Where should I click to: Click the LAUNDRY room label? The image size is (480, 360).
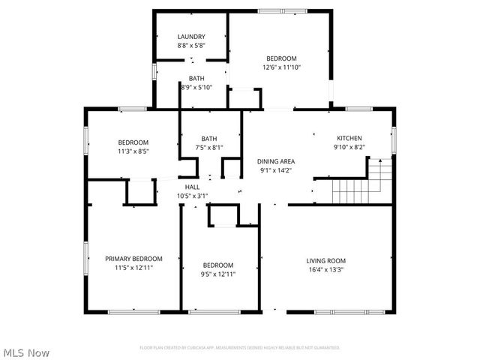point(191,37)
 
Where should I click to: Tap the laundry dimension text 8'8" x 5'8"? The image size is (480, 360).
point(191,46)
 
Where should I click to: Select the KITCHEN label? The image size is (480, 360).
point(349,138)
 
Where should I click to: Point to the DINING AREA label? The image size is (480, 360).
point(276,161)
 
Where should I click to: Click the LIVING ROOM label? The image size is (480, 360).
point(325,261)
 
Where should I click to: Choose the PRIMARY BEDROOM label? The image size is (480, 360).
point(133,259)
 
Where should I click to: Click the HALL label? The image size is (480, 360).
point(192,187)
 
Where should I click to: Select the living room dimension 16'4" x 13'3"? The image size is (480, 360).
point(325,271)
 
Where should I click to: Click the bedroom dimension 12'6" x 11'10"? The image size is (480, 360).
point(281,67)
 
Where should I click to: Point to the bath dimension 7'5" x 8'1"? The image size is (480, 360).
point(208,148)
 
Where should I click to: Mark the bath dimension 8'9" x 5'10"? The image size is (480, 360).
point(196,88)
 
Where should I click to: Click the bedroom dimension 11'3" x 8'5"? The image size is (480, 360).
point(133,151)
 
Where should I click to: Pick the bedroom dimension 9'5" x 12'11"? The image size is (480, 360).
point(218,274)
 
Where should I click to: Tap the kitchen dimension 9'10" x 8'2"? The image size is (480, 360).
point(349,148)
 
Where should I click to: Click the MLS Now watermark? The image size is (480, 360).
point(27,352)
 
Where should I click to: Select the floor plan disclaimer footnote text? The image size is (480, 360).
point(240,348)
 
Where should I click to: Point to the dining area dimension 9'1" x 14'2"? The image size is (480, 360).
point(276,170)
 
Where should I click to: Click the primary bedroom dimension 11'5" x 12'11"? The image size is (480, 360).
point(133,268)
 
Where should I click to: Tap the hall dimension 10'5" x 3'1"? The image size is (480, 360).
point(192,196)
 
